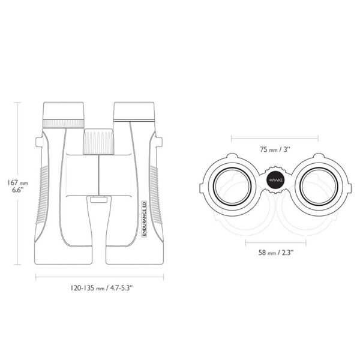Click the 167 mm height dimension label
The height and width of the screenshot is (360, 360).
coord(18,186)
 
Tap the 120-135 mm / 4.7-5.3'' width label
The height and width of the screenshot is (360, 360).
coord(102,288)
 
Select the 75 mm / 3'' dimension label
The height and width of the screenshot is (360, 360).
coord(275,149)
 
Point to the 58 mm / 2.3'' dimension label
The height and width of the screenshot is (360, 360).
coord(276,253)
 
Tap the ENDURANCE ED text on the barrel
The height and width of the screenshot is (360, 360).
coord(145,218)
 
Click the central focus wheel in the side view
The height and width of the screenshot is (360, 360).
coord(98,142)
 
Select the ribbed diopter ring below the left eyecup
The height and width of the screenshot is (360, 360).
coord(64,124)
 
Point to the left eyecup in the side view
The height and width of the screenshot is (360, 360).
coord(64,110)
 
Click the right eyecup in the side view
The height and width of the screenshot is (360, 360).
coord(134,111)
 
